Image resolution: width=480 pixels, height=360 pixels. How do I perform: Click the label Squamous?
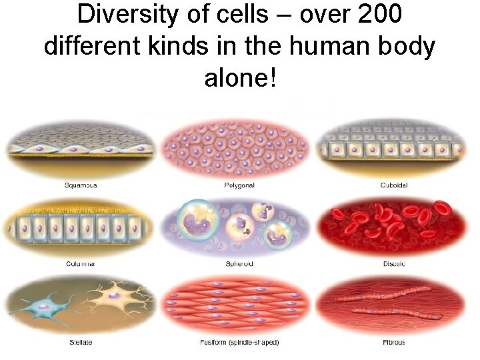click(x=81, y=185)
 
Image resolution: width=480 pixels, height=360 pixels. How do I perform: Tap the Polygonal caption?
click(x=239, y=185)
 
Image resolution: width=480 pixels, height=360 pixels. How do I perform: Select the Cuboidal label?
click(x=393, y=185)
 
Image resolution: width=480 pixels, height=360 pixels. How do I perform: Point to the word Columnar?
click(x=81, y=264)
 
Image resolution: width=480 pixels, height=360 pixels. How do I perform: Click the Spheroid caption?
click(x=239, y=264)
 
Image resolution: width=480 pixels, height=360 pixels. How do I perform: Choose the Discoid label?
click(x=393, y=264)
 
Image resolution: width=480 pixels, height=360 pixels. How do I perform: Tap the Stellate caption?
click(x=81, y=343)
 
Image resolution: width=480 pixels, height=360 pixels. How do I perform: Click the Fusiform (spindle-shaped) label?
click(x=239, y=343)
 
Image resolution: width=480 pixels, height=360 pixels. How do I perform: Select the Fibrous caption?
click(x=393, y=343)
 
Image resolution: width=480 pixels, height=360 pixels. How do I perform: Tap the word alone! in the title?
click(x=239, y=78)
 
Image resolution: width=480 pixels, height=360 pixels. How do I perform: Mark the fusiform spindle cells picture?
click(x=239, y=304)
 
